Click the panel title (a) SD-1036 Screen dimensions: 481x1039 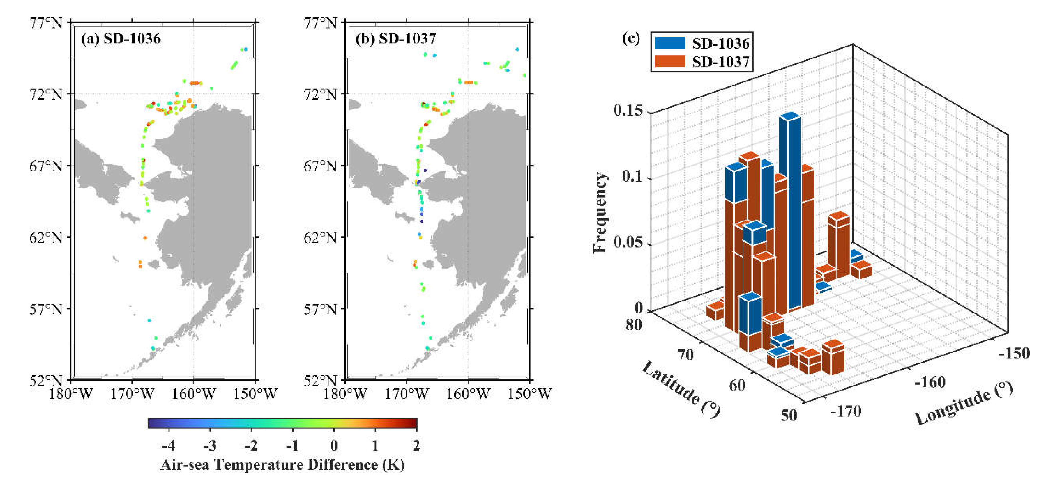121,39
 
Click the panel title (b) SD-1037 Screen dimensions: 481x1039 396,39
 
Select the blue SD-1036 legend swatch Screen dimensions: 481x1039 669,43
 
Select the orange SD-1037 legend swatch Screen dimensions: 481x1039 669,61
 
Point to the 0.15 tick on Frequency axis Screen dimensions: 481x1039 628,110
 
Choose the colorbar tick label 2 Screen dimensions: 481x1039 416,446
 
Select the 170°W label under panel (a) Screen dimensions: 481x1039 132,394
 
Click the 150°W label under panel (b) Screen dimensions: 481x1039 529,394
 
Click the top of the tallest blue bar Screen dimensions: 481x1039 790,116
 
